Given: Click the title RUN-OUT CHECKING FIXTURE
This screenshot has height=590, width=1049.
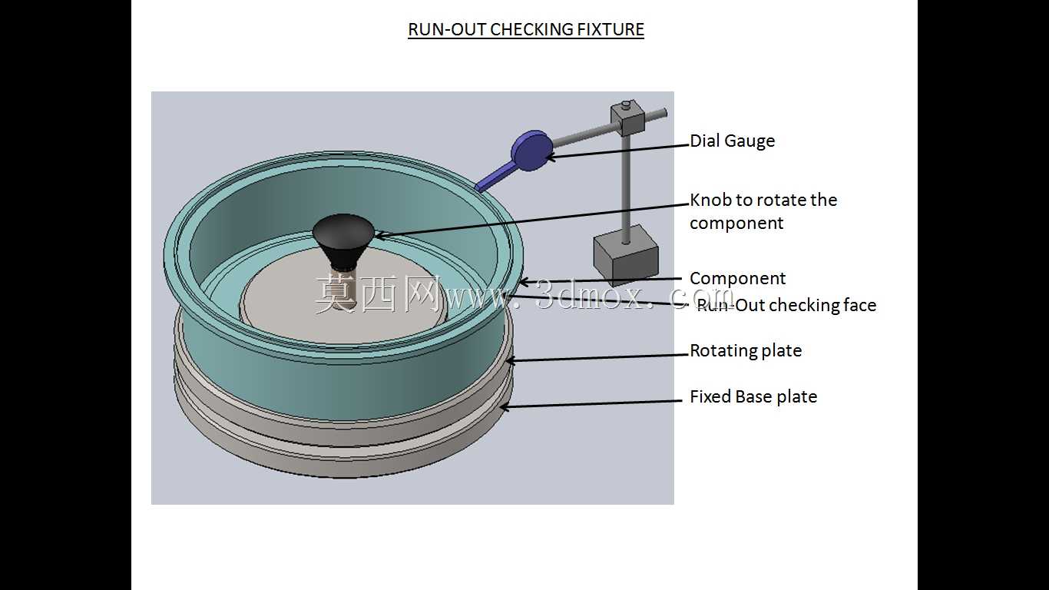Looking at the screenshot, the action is pyautogui.click(x=526, y=29).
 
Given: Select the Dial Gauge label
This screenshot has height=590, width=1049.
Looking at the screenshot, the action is pyautogui.click(x=733, y=141).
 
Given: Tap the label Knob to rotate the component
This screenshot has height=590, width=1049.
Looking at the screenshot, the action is pyautogui.click(x=763, y=211).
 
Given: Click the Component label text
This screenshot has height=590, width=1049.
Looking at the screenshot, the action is pyautogui.click(x=737, y=278).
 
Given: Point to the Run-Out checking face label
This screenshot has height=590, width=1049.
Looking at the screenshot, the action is pyautogui.click(x=786, y=305).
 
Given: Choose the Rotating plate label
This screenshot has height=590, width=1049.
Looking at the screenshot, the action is pyautogui.click(x=746, y=350).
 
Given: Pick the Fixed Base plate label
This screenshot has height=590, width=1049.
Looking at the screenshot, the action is pyautogui.click(x=753, y=396).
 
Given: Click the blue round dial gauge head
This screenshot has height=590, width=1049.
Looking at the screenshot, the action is pyautogui.click(x=531, y=150).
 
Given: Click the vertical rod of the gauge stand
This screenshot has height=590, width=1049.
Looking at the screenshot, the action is pyautogui.click(x=626, y=187).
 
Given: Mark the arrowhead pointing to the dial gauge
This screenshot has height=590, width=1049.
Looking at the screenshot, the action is pyautogui.click(x=551, y=157).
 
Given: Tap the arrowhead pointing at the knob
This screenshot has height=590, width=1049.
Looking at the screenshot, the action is pyautogui.click(x=379, y=236).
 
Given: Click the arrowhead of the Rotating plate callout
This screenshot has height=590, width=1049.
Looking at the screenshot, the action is pyautogui.click(x=509, y=360).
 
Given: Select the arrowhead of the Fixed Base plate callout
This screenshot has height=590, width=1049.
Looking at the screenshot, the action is pyautogui.click(x=504, y=406).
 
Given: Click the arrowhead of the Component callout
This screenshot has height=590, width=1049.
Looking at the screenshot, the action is pyautogui.click(x=523, y=282).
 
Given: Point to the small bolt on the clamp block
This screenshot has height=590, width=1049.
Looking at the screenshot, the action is pyautogui.click(x=627, y=104).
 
